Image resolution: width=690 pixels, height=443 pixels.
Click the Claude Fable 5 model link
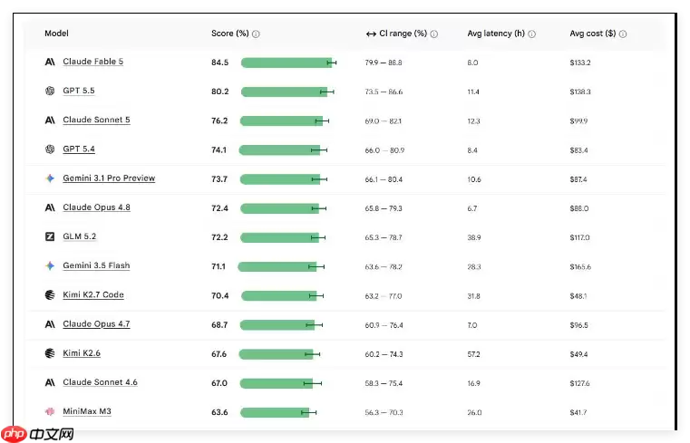[x=92, y=62]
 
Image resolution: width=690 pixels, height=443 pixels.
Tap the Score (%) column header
[x=229, y=34]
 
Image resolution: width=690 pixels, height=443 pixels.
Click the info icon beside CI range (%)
[x=434, y=34]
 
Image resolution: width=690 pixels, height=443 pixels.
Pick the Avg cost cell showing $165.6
[x=580, y=266]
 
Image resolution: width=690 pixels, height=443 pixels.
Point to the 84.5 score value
[x=219, y=63]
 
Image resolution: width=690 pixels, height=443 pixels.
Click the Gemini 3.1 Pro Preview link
[x=109, y=178]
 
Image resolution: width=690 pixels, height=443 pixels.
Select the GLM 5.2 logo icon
[x=50, y=236]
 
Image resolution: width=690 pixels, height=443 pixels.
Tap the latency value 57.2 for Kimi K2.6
[x=473, y=354]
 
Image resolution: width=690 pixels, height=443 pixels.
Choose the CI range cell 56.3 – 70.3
[x=384, y=413]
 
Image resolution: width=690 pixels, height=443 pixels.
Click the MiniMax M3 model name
[x=87, y=411]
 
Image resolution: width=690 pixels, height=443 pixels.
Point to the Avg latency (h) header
[x=496, y=34]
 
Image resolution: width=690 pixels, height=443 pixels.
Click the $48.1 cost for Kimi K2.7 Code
[x=578, y=296]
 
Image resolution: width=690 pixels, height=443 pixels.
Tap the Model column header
[x=56, y=34]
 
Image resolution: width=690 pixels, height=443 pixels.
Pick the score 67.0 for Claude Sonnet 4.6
[x=219, y=383]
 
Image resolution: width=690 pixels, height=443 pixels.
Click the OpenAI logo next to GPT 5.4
[x=50, y=149]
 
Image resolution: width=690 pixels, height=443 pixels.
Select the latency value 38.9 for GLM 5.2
[x=474, y=237]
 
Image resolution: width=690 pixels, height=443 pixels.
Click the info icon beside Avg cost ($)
[x=623, y=34]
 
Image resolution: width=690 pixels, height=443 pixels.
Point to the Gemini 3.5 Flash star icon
[x=50, y=265]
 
